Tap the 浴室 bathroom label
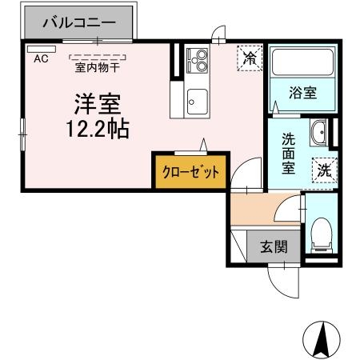pos(302,92)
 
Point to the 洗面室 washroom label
pos(288,153)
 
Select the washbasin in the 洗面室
pos(318,131)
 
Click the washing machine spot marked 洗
pos(324,169)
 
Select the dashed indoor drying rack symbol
pos(98,56)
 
